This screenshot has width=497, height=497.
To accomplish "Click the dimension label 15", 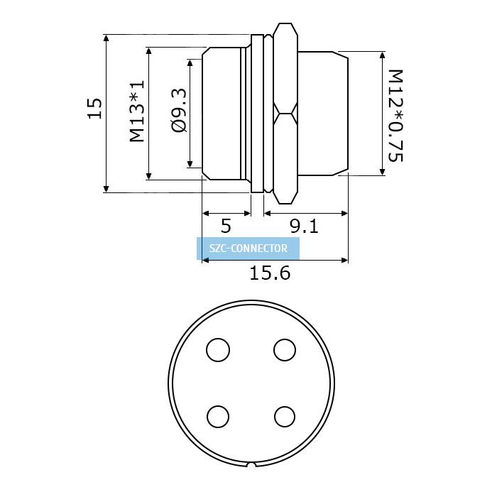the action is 94,109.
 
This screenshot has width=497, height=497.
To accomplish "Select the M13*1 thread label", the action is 137,111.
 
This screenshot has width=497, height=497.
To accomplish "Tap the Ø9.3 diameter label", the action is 179,110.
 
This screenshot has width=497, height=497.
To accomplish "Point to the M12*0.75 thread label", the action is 395,115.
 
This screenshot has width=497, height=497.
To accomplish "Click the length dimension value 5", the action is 226,226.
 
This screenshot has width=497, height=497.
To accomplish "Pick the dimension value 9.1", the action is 304,226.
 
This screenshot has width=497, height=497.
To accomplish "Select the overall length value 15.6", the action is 270,273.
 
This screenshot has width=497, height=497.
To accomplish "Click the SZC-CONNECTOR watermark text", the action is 248,248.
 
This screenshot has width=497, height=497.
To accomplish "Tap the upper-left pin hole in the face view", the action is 218,350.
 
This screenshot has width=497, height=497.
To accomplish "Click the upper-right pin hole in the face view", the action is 285,350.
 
